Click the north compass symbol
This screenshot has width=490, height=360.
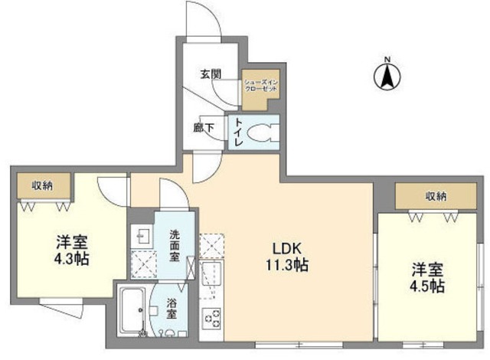388,77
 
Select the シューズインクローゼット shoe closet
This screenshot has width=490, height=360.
261,83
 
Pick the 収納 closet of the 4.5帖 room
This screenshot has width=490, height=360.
435,197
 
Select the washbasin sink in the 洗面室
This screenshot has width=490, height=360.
141,236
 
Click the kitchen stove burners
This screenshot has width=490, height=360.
211,316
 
